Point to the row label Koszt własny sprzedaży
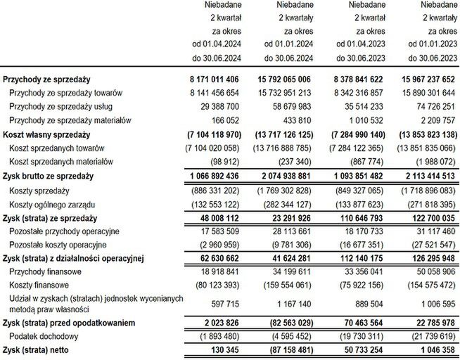tap(47, 134)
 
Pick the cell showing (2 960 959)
tap(215, 245)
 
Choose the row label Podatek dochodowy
tap(44, 336)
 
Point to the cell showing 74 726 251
tap(428, 106)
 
